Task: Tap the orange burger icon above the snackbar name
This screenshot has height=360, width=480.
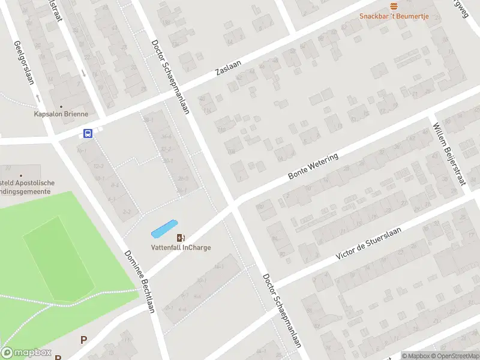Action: click(394, 6)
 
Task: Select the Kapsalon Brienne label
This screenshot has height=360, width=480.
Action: click(61, 114)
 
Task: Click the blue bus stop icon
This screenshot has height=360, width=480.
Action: click(88, 134)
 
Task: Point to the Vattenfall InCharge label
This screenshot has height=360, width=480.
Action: click(181, 247)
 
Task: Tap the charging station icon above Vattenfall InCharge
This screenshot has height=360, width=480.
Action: click(181, 238)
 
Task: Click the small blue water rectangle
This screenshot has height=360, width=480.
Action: click(164, 228)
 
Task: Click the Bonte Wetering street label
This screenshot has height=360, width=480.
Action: click(313, 166)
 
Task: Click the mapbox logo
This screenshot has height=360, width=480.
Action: click(26, 353)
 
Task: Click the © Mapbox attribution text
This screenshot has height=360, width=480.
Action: click(417, 356)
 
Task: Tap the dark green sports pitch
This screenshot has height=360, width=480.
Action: click(58, 258)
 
